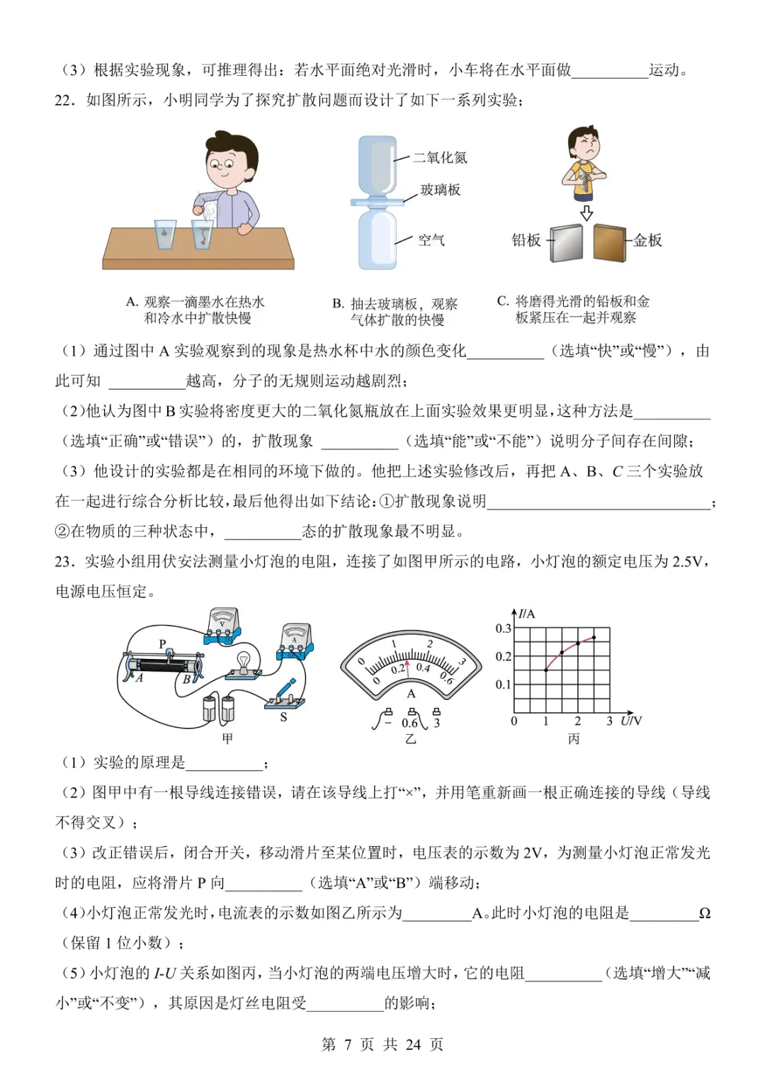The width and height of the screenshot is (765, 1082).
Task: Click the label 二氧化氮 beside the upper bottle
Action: [440, 157]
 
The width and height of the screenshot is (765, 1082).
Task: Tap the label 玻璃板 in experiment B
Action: [440, 189]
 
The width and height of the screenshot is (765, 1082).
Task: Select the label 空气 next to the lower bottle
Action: [431, 240]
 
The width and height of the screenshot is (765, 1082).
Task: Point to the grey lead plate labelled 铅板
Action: [566, 243]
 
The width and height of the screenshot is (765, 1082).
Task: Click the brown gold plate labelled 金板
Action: [609, 243]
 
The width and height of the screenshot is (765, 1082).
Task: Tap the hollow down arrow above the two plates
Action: [586, 213]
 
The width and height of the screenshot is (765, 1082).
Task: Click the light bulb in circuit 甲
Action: [244, 660]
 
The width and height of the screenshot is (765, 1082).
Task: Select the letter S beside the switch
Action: [283, 717]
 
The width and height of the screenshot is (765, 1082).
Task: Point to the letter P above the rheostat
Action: [162, 643]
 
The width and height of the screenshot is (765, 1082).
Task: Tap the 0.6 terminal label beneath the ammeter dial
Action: [409, 723]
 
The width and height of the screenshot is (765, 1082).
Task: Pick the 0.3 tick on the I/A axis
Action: [503, 629]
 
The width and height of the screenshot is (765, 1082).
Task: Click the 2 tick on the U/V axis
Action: [577, 721]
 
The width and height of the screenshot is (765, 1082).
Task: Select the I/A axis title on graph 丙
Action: [526, 614]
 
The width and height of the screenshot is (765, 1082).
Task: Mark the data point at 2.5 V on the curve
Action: [594, 637]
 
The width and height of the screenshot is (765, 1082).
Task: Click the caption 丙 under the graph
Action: [573, 739]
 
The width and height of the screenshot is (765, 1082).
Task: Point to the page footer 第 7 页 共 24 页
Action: [382, 1044]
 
